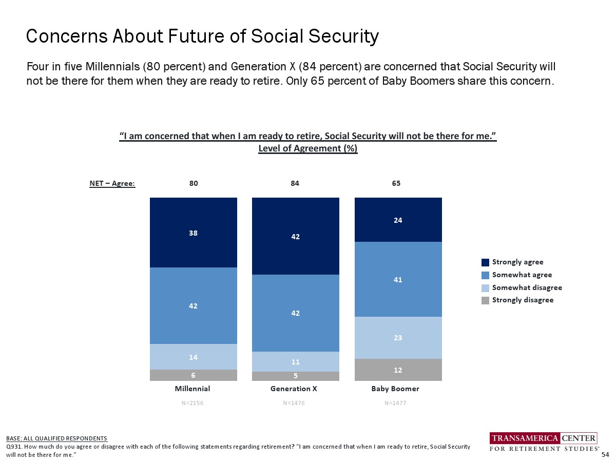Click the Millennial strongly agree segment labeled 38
pyautogui.click(x=194, y=233)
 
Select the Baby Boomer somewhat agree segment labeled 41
pyautogui.click(x=398, y=279)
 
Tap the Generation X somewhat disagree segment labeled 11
pyautogui.click(x=295, y=361)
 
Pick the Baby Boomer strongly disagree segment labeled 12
pyautogui.click(x=398, y=370)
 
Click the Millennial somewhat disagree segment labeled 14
pyautogui.click(x=194, y=357)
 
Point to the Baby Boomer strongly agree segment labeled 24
pyautogui.click(x=398, y=220)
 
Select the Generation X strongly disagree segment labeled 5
pyautogui.click(x=295, y=376)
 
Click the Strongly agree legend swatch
pyautogui.click(x=485, y=262)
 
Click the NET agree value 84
pyautogui.click(x=295, y=183)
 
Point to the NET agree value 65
pyautogui.click(x=396, y=183)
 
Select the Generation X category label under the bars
pyautogui.click(x=294, y=389)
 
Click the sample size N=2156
pyautogui.click(x=192, y=403)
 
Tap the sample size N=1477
pyautogui.click(x=395, y=403)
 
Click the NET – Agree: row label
pyautogui.click(x=112, y=183)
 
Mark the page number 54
pyautogui.click(x=605, y=455)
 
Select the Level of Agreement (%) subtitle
pyautogui.click(x=307, y=148)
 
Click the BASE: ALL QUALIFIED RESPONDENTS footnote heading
pyautogui.click(x=56, y=438)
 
